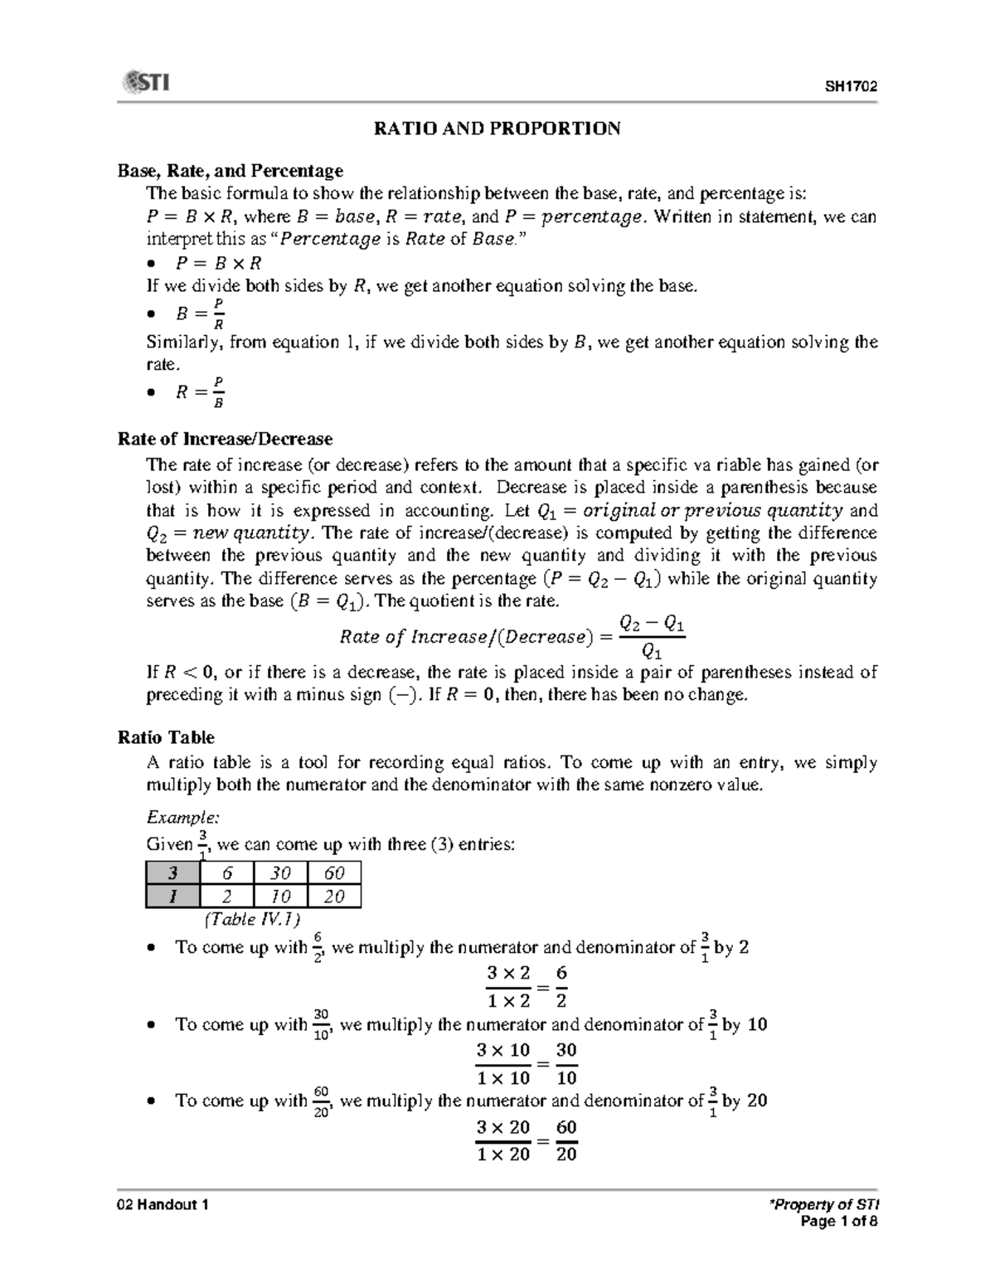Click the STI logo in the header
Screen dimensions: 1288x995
146,83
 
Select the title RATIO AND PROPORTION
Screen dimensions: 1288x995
497,129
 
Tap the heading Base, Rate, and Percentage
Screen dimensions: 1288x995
230,171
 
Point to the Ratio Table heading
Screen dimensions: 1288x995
166,737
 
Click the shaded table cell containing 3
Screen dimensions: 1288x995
172,872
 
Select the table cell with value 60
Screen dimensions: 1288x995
334,872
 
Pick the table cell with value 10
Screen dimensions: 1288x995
280,897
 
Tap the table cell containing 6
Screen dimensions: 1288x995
226,872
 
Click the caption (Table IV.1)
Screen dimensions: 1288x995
251,919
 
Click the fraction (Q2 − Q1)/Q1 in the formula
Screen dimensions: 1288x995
652,636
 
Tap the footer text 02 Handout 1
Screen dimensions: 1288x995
163,1205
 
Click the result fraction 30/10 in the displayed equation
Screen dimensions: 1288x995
566,1063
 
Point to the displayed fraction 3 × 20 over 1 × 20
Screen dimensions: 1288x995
503,1140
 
